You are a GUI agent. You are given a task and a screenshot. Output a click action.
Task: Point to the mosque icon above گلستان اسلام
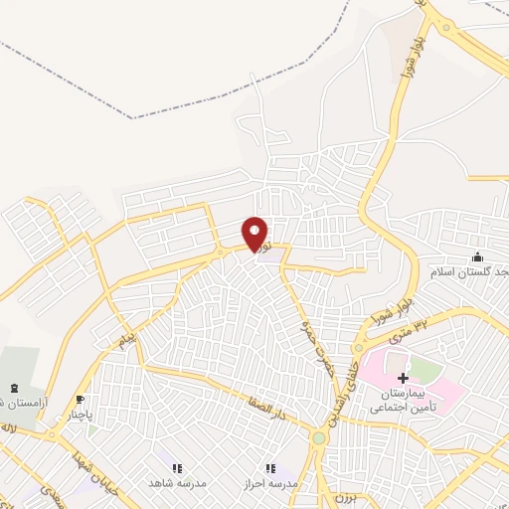[x=478, y=257]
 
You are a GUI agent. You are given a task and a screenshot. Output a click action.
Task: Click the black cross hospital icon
[x=403, y=378]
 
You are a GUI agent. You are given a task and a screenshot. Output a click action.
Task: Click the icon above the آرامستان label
[x=14, y=387]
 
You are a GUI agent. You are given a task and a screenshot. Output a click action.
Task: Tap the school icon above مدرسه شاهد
[x=177, y=467]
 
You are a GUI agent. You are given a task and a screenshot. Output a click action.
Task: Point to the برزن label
[x=343, y=496]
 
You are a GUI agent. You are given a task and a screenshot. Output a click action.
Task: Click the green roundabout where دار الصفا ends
[x=319, y=437]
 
